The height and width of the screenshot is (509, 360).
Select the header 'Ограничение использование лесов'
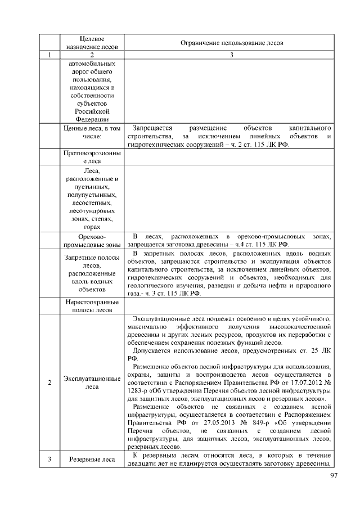(231, 43)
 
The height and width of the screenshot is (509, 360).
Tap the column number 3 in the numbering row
(231, 55)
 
